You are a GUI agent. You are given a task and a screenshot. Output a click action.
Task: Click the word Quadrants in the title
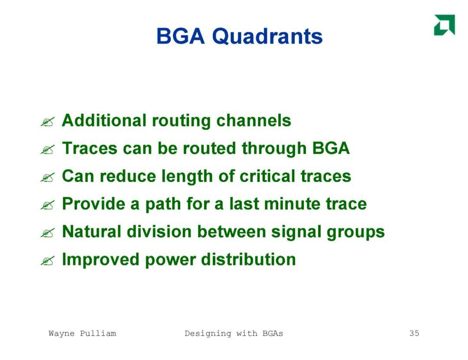click(267, 37)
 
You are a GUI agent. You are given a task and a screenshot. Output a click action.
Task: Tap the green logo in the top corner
click(445, 25)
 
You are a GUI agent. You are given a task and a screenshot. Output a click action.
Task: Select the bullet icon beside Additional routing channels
click(48, 122)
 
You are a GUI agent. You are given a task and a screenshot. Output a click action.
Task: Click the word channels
click(253, 120)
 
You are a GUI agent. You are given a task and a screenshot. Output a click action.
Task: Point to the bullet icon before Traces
click(48, 149)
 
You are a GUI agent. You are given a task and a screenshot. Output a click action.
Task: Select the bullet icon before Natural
click(48, 233)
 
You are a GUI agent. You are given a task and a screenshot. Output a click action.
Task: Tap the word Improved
click(101, 259)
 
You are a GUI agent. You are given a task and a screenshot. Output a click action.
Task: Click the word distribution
click(248, 259)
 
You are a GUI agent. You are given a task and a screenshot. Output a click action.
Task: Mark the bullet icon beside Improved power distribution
click(48, 261)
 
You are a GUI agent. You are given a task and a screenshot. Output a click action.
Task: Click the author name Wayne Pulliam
click(82, 333)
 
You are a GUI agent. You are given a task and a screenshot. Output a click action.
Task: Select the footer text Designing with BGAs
click(234, 334)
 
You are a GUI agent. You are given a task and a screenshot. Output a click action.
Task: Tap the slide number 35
click(414, 333)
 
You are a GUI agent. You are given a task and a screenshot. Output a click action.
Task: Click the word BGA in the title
click(181, 36)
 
